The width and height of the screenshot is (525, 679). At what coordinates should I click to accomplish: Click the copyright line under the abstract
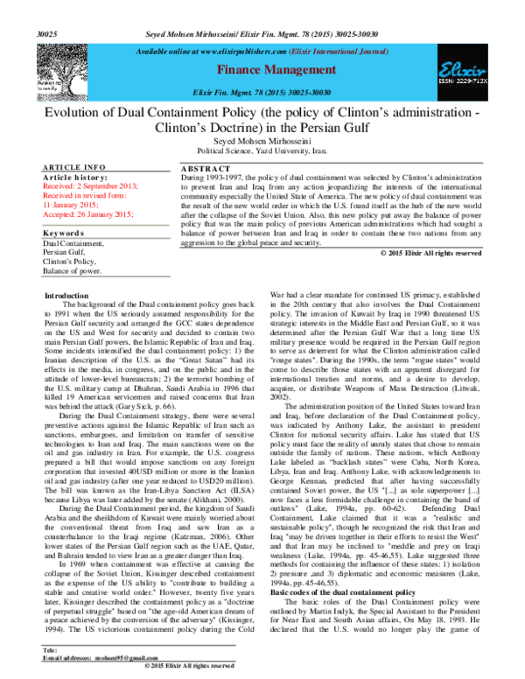coord(431,253)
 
